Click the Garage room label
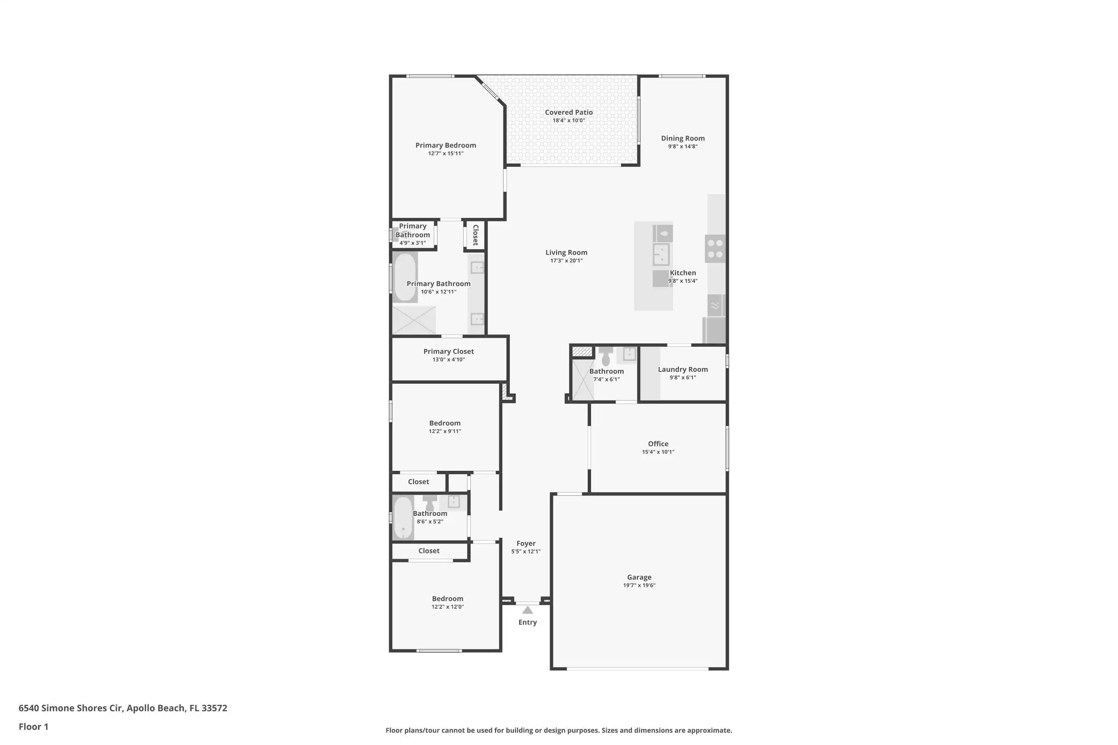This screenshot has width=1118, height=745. pyautogui.click(x=639, y=577)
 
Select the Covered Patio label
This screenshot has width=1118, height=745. pyautogui.click(x=569, y=112)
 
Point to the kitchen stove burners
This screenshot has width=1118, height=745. pyautogui.click(x=715, y=248)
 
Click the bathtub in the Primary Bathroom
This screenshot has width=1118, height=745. pyautogui.click(x=405, y=278)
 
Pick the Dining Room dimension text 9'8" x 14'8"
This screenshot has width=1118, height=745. pyautogui.click(x=683, y=146)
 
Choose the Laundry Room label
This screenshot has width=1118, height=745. pyautogui.click(x=683, y=369)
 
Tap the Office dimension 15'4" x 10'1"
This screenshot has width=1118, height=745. pyautogui.click(x=658, y=452)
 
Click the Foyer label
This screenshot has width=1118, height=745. pyautogui.click(x=526, y=543)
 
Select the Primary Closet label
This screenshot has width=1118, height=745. pyautogui.click(x=448, y=352)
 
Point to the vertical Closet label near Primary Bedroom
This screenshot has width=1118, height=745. pyautogui.click(x=476, y=235)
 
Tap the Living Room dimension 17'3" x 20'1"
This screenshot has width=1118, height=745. pyautogui.click(x=566, y=260)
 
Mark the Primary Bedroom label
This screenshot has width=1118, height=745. pyautogui.click(x=445, y=145)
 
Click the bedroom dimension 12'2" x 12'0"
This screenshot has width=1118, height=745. pyautogui.click(x=447, y=607)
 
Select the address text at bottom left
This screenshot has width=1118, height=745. pyautogui.click(x=123, y=708)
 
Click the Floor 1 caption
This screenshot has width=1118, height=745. pyautogui.click(x=33, y=726)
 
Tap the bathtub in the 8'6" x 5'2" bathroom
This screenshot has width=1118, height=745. pyautogui.click(x=403, y=518)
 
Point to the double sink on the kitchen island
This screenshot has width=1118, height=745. pyautogui.click(x=661, y=254)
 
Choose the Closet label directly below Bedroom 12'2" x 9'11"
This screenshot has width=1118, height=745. pyautogui.click(x=418, y=482)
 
